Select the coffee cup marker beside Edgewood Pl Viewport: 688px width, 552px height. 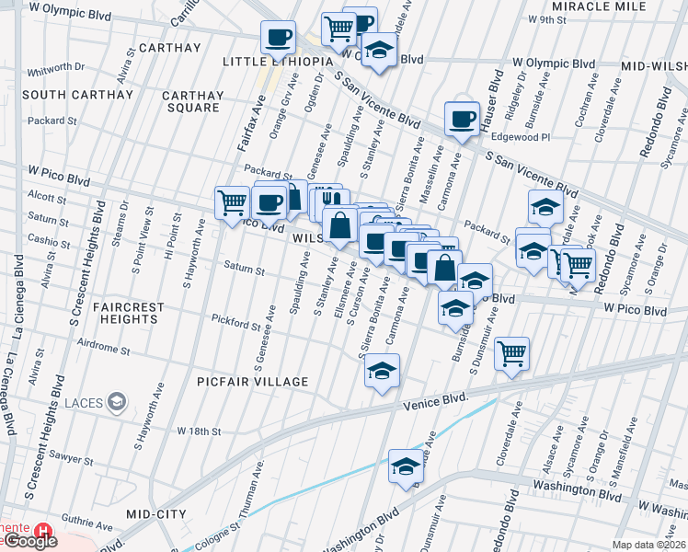point(462,118)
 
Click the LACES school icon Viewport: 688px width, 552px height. point(117,401)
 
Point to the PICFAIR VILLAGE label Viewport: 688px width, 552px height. point(253,381)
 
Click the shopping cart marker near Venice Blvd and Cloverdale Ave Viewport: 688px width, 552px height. point(511,352)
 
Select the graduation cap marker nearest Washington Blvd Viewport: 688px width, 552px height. point(406,467)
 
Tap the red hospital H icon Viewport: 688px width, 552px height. point(42,531)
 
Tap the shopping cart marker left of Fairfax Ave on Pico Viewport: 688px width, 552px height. point(232,201)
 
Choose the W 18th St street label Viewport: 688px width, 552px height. point(200,431)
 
